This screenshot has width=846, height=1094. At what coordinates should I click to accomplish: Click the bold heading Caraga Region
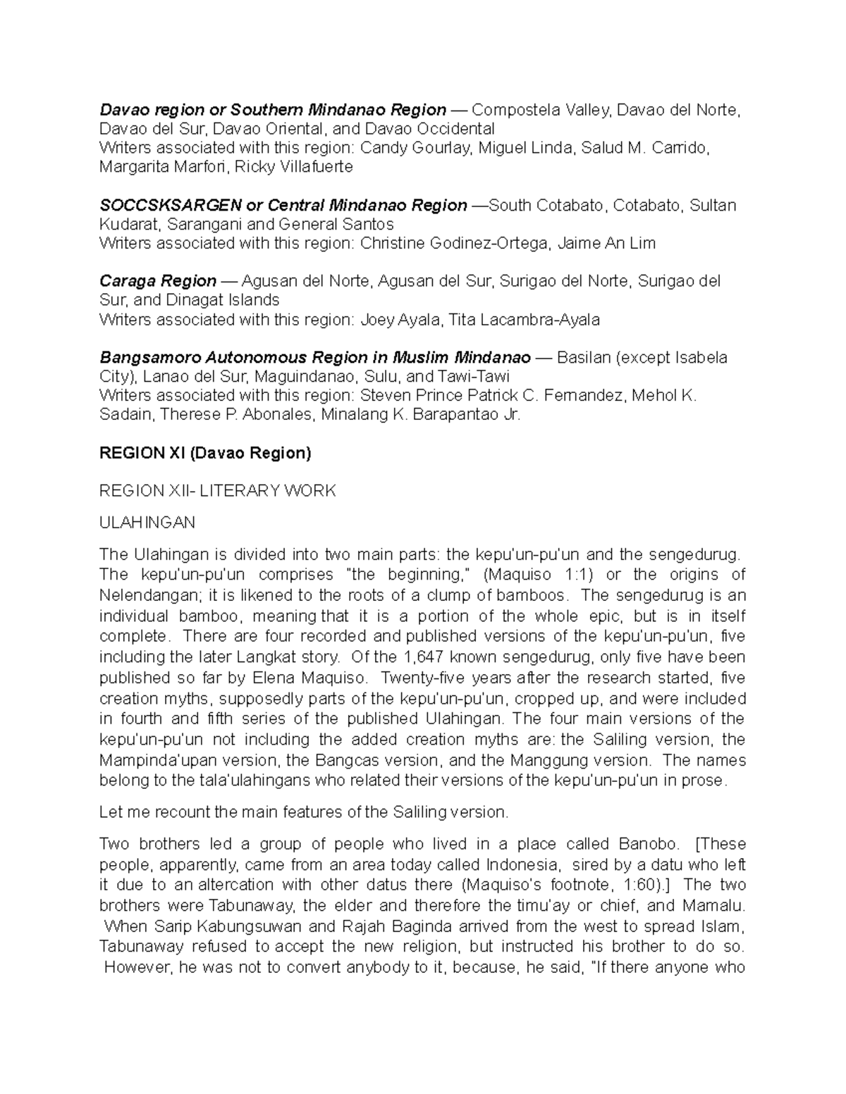pyautogui.click(x=158, y=281)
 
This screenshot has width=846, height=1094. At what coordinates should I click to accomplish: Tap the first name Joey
pyautogui.click(x=377, y=320)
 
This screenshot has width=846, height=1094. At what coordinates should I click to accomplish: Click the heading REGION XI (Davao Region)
pyautogui.click(x=205, y=453)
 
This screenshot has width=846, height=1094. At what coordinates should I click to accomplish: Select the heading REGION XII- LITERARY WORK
pyautogui.click(x=218, y=491)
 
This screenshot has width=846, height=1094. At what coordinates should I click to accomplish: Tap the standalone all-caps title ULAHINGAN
pyautogui.click(x=147, y=523)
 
